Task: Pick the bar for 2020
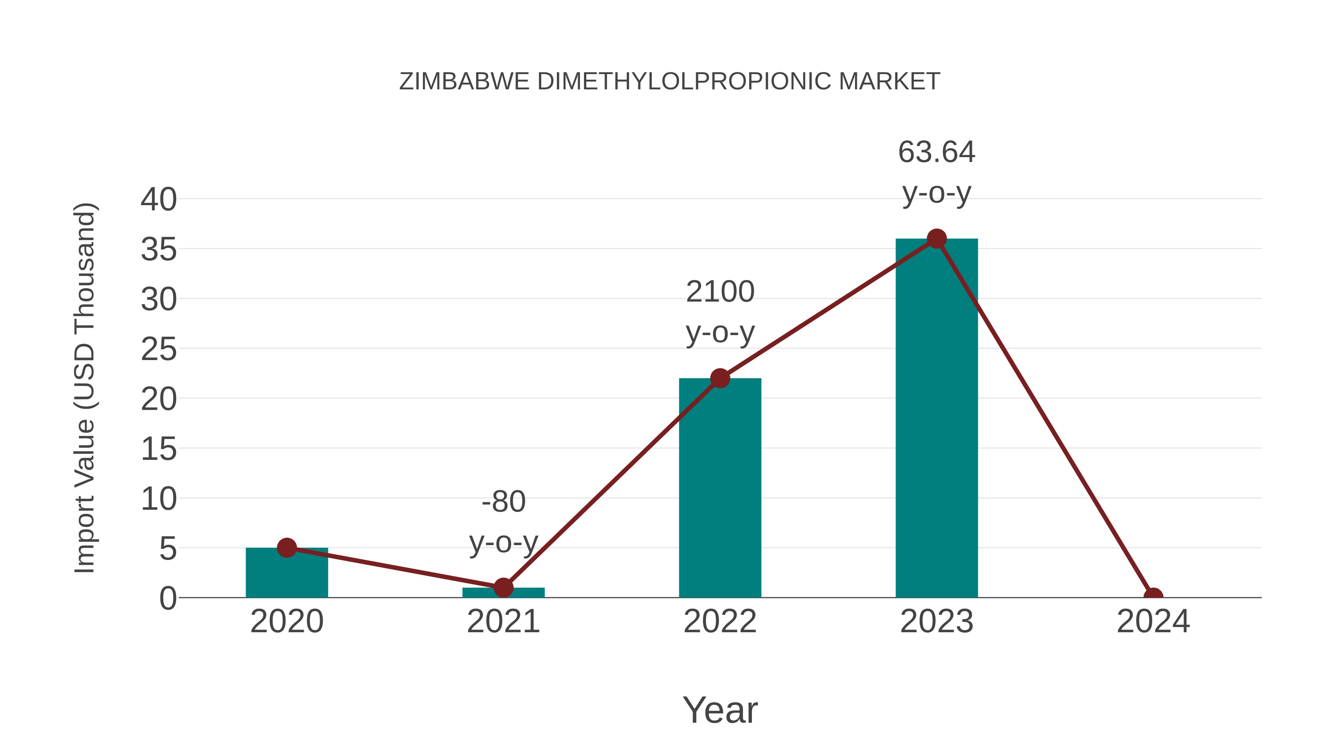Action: [287, 575]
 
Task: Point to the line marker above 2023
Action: [937, 239]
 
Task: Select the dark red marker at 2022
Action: [720, 378]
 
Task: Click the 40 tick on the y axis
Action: [159, 199]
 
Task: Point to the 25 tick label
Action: [159, 349]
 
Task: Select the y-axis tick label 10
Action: [159, 499]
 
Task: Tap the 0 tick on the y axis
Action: [168, 598]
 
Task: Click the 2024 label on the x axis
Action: [1153, 621]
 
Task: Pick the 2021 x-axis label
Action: [504, 621]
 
